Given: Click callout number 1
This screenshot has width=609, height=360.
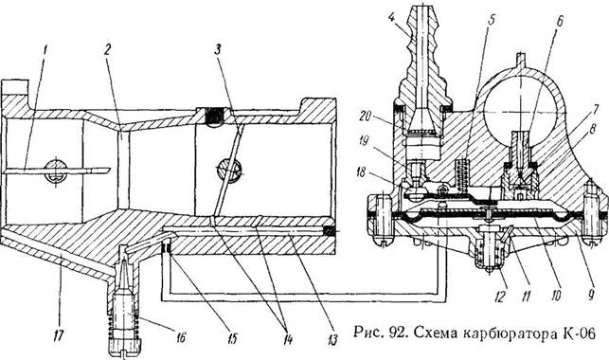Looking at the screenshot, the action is click(x=45, y=50).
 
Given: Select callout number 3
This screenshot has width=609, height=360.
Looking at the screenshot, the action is click(x=218, y=50).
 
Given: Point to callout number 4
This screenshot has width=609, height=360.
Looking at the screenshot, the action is click(x=392, y=16).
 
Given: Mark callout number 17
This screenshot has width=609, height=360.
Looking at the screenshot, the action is click(x=59, y=333).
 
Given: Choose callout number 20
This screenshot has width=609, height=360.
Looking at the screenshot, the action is click(x=365, y=117).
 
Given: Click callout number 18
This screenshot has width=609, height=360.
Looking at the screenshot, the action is click(x=362, y=172).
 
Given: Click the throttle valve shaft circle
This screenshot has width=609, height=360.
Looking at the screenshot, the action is click(x=229, y=171).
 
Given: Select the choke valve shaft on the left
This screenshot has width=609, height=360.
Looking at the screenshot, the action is click(x=56, y=171).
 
